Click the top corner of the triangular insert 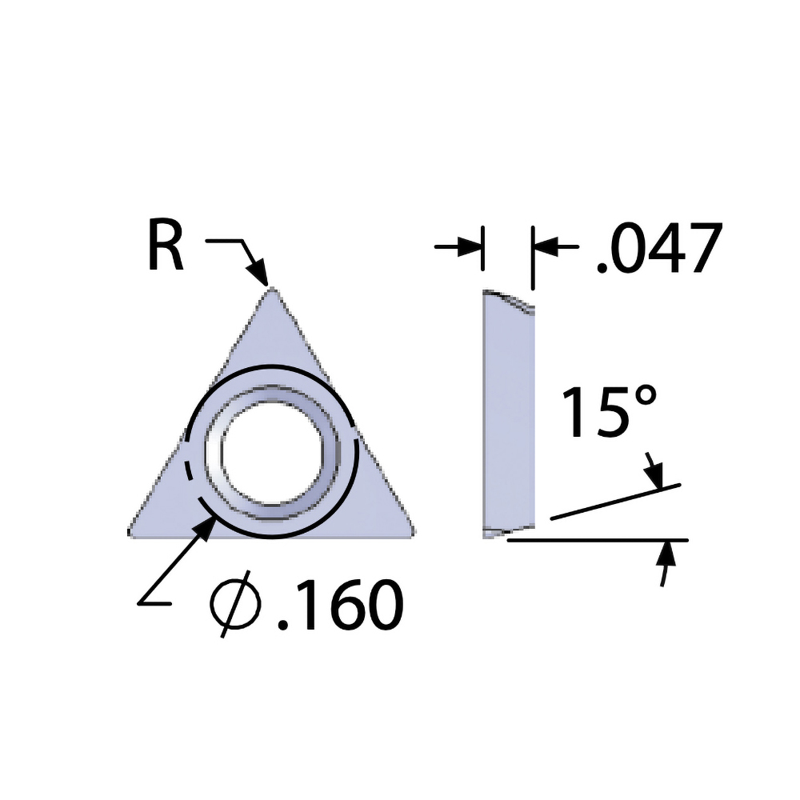[x=271, y=290]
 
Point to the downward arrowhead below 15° [x=658, y=478]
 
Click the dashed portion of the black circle [x=189, y=472]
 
